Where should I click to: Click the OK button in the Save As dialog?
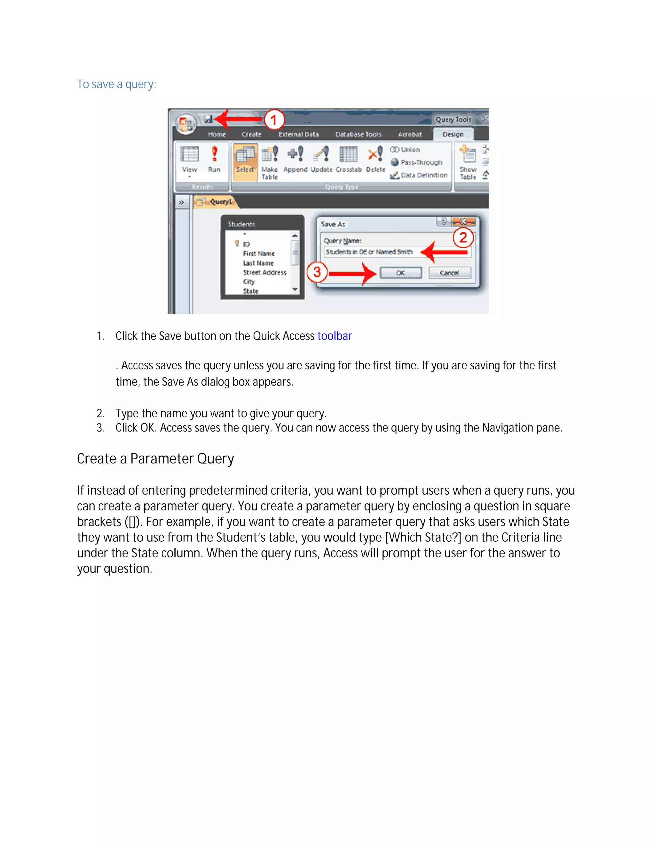click(x=400, y=273)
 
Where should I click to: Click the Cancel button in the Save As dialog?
click(x=449, y=273)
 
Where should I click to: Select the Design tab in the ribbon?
click(x=453, y=134)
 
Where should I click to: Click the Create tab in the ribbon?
click(x=251, y=134)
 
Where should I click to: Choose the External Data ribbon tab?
click(x=298, y=134)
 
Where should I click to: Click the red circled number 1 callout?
click(x=274, y=120)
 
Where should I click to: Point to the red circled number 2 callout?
click(x=463, y=238)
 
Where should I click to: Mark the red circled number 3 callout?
click(x=317, y=272)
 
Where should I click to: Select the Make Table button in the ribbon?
click(x=269, y=162)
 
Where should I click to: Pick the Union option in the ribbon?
click(x=406, y=150)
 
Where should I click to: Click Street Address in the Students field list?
click(x=264, y=272)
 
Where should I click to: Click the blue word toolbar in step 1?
click(x=335, y=336)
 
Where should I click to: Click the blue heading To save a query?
click(x=116, y=84)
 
